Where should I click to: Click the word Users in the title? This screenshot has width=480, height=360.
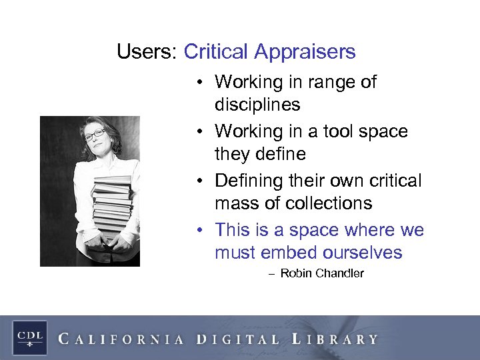[145, 52]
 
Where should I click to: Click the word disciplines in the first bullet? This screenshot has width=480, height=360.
[257, 105]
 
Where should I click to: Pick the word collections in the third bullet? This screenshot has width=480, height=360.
[333, 203]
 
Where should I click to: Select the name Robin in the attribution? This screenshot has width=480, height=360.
[295, 273]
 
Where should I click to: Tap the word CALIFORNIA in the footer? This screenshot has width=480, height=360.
[121, 339]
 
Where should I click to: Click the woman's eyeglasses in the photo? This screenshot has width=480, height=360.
[95, 135]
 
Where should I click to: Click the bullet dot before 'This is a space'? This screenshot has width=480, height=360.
[200, 231]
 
